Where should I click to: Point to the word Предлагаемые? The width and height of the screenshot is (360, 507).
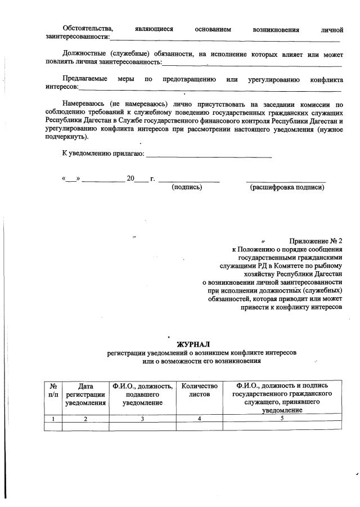click(84, 79)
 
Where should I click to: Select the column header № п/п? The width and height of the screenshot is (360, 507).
click(52, 391)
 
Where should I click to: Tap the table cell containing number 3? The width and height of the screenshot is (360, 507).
click(142, 418)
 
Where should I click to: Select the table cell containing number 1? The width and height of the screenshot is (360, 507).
click(52, 418)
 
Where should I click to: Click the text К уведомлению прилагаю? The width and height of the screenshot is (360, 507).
click(103, 153)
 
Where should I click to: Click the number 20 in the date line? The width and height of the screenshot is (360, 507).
click(130, 178)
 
